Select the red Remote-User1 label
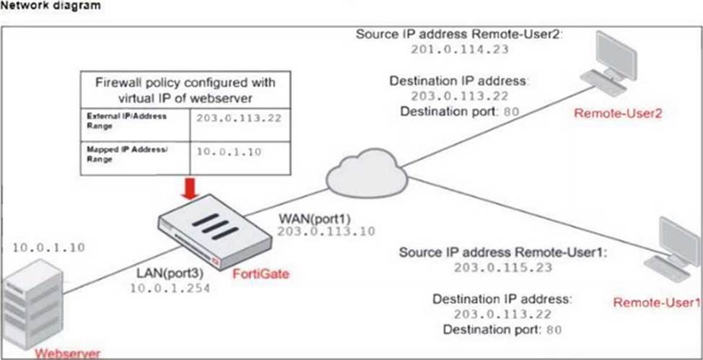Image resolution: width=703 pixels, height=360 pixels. pyautogui.click(x=656, y=302)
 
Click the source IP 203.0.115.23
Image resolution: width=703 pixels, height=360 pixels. pyautogui.click(x=503, y=267)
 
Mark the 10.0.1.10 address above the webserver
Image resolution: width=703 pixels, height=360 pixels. pyautogui.click(x=49, y=247)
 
